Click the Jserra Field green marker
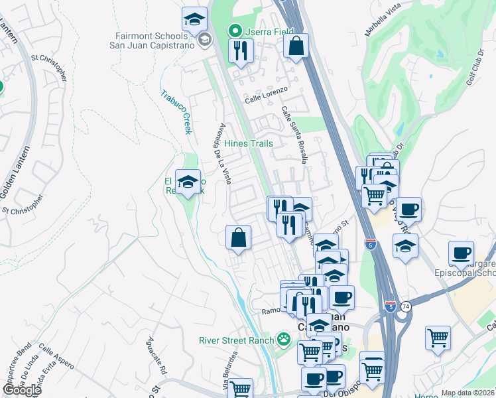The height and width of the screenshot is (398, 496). (234, 31)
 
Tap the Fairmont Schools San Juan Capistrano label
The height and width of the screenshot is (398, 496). (153, 40)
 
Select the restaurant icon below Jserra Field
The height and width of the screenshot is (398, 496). (241, 50)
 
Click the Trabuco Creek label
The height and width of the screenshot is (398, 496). (176, 112)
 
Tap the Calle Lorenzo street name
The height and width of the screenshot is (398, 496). (266, 94)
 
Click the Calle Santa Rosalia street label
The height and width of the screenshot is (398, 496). (294, 135)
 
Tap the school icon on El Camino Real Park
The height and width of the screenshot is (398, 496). (188, 182)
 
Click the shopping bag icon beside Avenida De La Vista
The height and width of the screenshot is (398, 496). (238, 238)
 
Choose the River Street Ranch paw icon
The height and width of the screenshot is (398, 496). (284, 340)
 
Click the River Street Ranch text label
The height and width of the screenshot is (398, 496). (236, 341)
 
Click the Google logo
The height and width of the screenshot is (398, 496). (22, 390)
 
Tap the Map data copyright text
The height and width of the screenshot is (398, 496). (468, 393)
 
